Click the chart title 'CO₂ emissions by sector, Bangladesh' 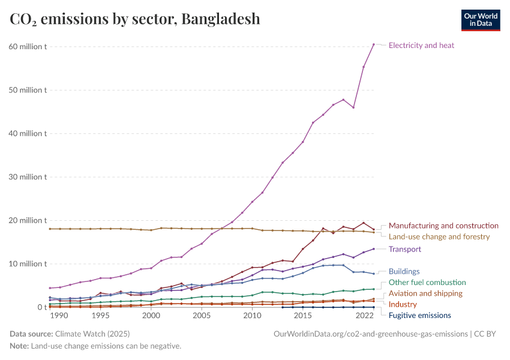pos(135,19)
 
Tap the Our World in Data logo pos(480,20)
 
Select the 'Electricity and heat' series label pos(421,45)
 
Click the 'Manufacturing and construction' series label pos(443,226)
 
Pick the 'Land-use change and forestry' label pos(439,236)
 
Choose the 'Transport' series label pos(404,249)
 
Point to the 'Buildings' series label pos(404,271)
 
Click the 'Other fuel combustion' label pos(427,282)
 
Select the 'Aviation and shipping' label pos(425,293)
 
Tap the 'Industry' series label pos(403,304)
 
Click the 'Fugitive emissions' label pos(419,315)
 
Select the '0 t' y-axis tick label pos(41,307)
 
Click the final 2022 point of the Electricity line pos(373,44)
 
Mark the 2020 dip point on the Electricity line pos(353,107)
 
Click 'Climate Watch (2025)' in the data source pos(91,333)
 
